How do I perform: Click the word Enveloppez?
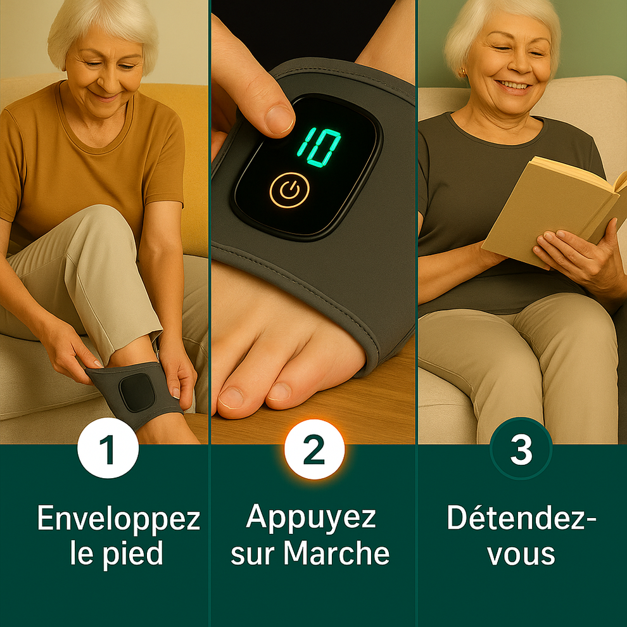[x=118, y=520]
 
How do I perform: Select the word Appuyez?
[x=310, y=517]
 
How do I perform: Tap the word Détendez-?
[x=521, y=519]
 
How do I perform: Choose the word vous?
[x=521, y=553]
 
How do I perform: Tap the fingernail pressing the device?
[x=279, y=119]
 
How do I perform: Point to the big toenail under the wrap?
[x=231, y=397]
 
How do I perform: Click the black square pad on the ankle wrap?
[x=137, y=391]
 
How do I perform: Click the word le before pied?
[x=82, y=553]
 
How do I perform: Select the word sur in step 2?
[x=255, y=553]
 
